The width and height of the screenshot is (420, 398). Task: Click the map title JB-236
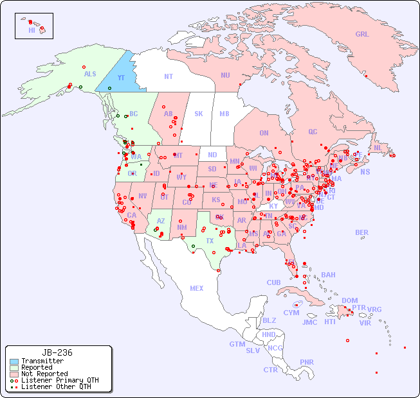click(57, 352)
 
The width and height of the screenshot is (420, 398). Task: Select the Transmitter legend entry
click(42, 361)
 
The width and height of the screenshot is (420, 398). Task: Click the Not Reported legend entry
click(44, 374)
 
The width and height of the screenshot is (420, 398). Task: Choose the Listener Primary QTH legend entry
click(59, 380)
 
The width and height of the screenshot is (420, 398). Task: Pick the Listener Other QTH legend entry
click(56, 386)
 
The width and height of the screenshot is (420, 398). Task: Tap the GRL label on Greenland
click(362, 35)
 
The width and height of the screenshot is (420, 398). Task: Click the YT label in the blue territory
click(120, 78)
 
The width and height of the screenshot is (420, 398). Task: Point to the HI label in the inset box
click(32, 30)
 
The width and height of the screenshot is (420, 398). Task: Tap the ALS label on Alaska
click(90, 74)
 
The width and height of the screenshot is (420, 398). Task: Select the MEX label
click(197, 288)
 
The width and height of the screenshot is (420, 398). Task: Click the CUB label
click(274, 282)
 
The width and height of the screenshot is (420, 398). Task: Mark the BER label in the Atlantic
click(361, 232)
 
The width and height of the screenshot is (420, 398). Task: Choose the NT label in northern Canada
click(168, 76)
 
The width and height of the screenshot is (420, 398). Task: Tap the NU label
click(225, 75)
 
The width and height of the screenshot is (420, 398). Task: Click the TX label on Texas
click(210, 241)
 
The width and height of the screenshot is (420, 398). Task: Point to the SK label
click(199, 114)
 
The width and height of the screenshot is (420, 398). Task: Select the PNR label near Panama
click(307, 362)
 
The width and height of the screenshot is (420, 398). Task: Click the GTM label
click(237, 344)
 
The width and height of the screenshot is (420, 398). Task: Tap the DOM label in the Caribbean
click(349, 300)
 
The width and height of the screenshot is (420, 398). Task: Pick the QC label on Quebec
click(313, 132)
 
